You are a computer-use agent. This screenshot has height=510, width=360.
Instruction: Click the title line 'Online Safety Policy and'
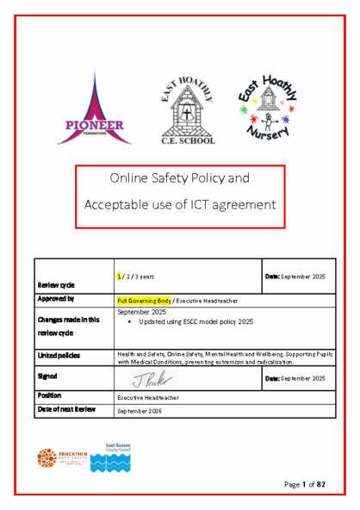pyautogui.click(x=179, y=179)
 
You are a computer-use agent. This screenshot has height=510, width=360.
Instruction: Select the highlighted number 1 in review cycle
pyautogui.click(x=120, y=276)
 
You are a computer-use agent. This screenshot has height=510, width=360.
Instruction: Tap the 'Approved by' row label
pyautogui.click(x=56, y=299)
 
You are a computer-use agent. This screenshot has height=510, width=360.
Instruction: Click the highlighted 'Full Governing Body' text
pyautogui.click(x=145, y=300)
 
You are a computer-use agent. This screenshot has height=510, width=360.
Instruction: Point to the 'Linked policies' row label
pyautogui.click(x=58, y=355)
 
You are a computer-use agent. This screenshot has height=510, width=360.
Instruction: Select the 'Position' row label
pyautogui.click(x=49, y=395)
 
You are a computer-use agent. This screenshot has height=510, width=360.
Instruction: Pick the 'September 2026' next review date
pyautogui.click(x=140, y=411)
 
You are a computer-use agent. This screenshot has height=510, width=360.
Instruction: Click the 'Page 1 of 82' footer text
pyautogui.click(x=307, y=484)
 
